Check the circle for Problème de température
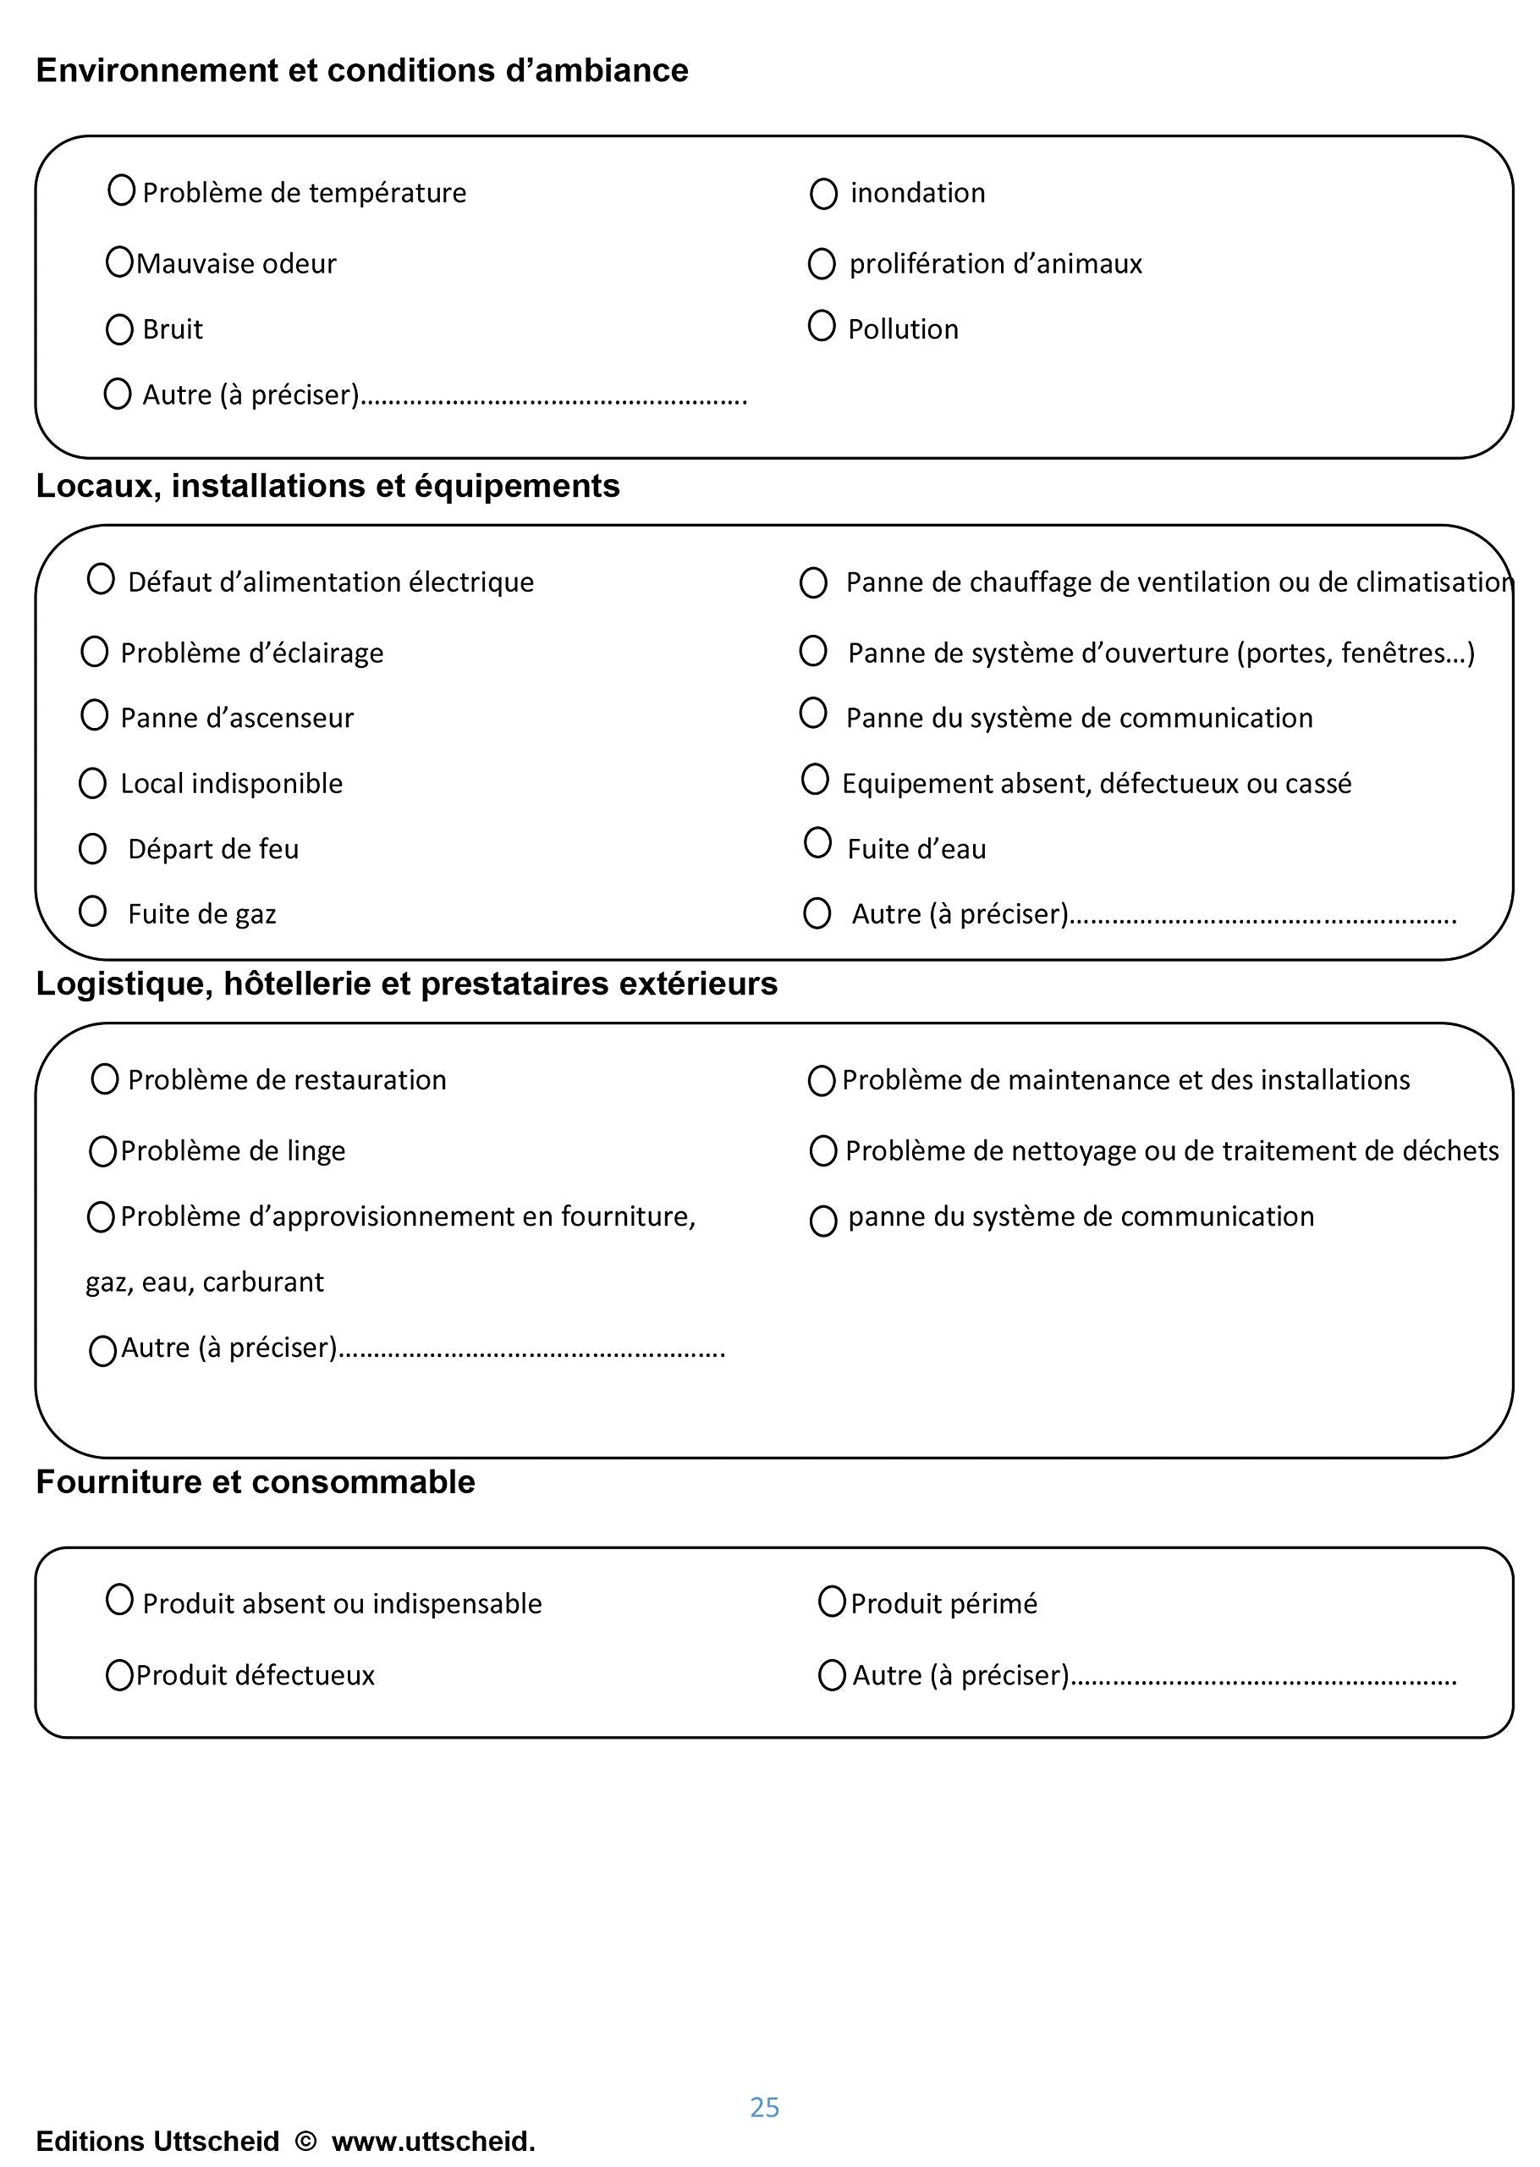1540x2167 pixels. point(121,190)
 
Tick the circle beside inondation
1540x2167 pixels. point(823,195)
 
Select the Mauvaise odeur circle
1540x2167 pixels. point(119,262)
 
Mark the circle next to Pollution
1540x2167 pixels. point(822,326)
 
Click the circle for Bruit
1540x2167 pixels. point(119,330)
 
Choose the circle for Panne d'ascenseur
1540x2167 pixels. point(95,715)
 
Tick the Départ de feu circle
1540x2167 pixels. point(92,849)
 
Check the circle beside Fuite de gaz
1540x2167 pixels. point(92,912)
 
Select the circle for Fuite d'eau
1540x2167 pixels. point(817,842)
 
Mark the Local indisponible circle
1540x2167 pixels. point(92,783)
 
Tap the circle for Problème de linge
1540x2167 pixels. point(102,1151)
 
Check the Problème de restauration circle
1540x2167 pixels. point(104,1079)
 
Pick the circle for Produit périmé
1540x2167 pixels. point(832,1602)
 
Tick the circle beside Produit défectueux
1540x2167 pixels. point(119,1675)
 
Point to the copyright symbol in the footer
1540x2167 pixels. point(305,2142)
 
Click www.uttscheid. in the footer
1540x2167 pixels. point(433,2142)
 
